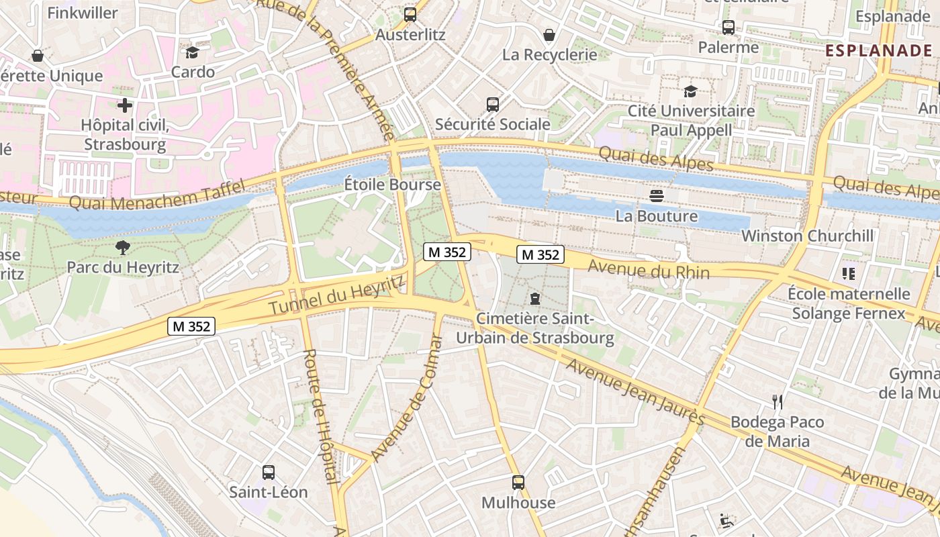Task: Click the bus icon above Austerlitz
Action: click(410, 14)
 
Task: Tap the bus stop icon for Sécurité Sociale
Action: click(493, 104)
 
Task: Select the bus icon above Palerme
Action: click(728, 28)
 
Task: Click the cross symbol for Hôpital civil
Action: click(124, 105)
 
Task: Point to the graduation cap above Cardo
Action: click(193, 52)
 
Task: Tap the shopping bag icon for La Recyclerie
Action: click(549, 35)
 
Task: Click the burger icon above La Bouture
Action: click(657, 196)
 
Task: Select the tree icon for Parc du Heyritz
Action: click(123, 248)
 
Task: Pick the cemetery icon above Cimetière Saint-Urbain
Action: click(534, 298)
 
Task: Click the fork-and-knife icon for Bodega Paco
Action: click(778, 402)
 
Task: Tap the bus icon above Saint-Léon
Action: click(269, 472)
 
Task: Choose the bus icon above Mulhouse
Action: click(518, 483)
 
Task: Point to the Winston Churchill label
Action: click(808, 236)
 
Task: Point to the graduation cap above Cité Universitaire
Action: click(690, 91)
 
